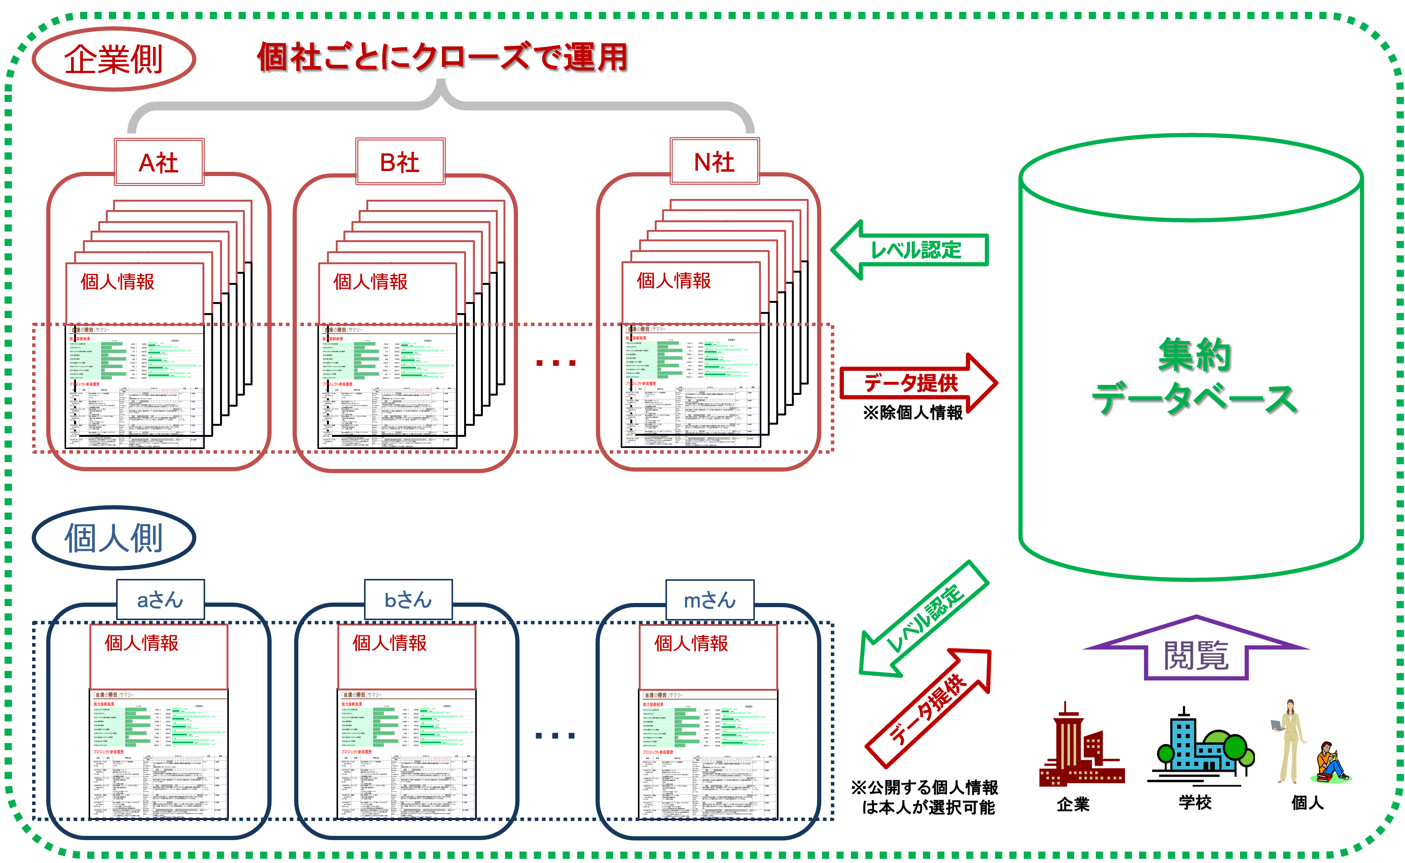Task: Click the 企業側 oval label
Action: coord(113,59)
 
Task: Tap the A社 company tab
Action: coord(159,162)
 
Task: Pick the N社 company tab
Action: coord(714,162)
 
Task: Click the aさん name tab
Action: coord(160,599)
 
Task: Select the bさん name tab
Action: coord(408,599)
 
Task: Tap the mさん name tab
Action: coord(710,599)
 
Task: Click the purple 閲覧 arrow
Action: coord(1196,651)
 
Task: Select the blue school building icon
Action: coord(1199,748)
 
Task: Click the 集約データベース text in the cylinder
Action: coord(1195,377)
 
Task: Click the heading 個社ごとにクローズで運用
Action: coord(442,57)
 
